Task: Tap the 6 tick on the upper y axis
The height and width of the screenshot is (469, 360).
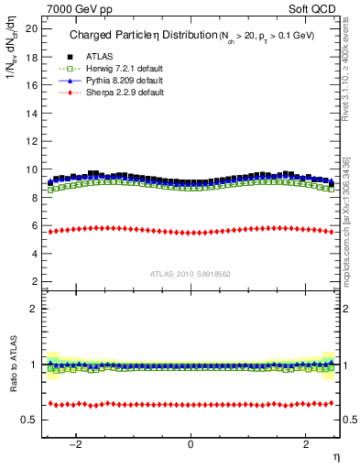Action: click(34, 225)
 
